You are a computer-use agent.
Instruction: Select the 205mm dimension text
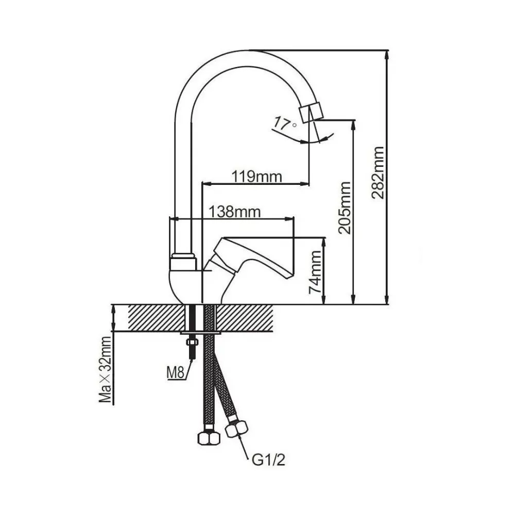pos(345,208)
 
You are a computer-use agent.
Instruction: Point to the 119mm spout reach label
pos(256,177)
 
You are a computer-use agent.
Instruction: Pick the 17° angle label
pos(285,124)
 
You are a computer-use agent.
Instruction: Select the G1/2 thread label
pos(268,458)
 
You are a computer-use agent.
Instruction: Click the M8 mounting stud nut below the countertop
pos(192,342)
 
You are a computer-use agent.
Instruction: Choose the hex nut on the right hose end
pos(237,429)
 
